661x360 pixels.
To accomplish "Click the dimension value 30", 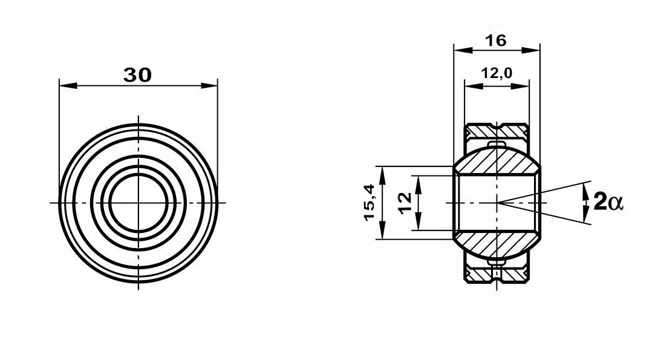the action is point(137,75).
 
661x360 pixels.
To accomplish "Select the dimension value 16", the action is point(495,41).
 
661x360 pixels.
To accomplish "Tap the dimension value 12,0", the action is point(497,73).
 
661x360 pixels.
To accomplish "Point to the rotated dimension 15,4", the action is point(370,202).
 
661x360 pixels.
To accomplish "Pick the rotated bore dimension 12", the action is point(405,203).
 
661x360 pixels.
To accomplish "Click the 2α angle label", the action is point(608,201).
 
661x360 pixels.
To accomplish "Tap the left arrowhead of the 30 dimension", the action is point(69,85).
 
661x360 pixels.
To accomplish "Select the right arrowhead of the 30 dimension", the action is point(209,85).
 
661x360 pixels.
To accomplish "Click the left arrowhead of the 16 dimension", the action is point(462,50).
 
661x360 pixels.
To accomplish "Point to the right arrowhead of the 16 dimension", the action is point(531,50).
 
